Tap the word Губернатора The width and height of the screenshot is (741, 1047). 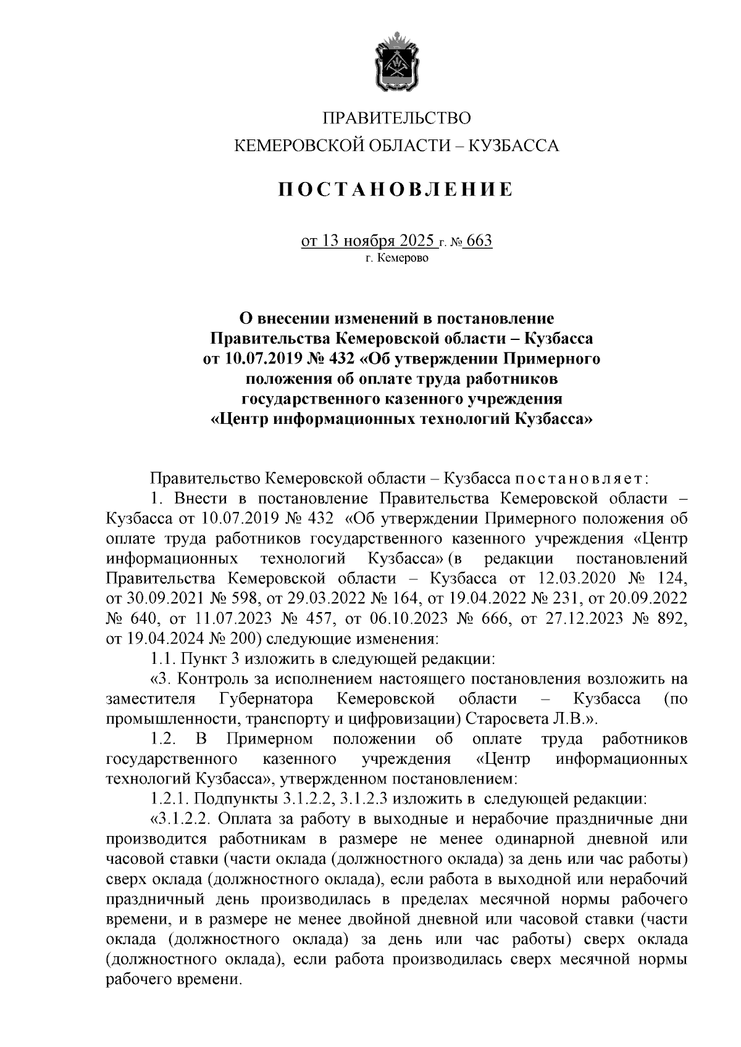click(x=266, y=699)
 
